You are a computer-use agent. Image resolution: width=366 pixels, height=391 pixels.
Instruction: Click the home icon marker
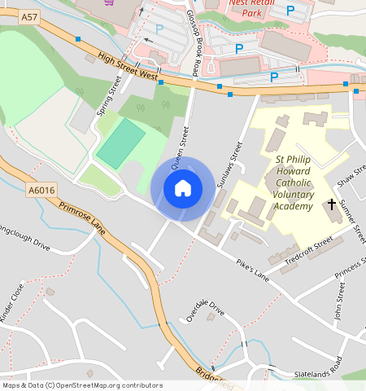[183, 189]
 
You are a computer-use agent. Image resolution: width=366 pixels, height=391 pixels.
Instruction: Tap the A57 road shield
[29, 16]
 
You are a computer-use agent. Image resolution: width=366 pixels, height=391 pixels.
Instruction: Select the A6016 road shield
[41, 190]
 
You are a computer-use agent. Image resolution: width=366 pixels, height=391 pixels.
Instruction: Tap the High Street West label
[126, 67]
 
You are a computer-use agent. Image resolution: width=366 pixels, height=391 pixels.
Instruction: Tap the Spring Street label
[109, 96]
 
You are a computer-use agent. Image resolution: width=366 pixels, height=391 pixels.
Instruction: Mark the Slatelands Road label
[320, 367]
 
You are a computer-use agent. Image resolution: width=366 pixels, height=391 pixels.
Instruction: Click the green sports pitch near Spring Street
[120, 144]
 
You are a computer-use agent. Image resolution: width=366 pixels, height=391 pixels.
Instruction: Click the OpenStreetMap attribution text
[81, 385]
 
